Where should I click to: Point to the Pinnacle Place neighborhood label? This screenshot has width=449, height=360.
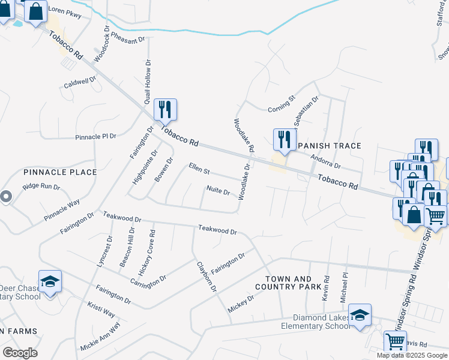(60, 172)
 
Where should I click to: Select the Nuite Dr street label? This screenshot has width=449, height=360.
(218, 191)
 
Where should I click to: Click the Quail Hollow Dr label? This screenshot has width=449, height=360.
(147, 82)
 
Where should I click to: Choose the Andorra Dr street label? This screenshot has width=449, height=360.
(326, 161)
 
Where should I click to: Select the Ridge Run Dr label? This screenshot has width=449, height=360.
(41, 187)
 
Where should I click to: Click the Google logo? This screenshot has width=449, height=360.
(20, 352)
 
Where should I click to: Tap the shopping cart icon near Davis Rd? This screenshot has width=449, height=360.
(395, 341)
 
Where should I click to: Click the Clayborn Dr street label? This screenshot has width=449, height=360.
(206, 277)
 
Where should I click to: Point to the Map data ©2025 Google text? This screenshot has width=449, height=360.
(412, 355)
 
